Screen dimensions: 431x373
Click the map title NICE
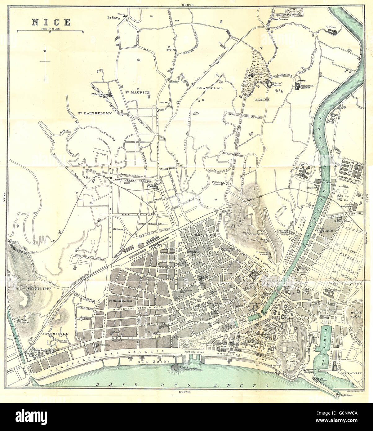pyautogui.click(x=50, y=22)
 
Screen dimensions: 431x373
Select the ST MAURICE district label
pyautogui.click(x=137, y=92)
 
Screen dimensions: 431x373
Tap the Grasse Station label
pyautogui.click(x=151, y=187)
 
